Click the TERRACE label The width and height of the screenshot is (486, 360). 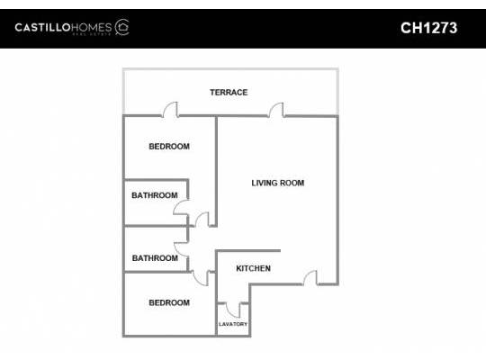coord(229,93)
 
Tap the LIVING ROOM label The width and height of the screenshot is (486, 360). coord(277,183)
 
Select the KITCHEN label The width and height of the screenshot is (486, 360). coord(253,268)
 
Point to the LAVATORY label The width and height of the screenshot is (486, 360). coord(233,324)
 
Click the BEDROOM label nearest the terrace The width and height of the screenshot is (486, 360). coord(168,146)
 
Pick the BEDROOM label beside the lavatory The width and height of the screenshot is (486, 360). coord(168,302)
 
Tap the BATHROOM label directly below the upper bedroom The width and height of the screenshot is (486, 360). coord(155,195)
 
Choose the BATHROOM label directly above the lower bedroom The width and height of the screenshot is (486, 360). coord(155,258)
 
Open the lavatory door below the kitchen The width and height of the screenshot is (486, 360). coord(232,308)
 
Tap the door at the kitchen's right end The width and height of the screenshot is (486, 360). coord(310,280)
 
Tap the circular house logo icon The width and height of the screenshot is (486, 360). coord(122,27)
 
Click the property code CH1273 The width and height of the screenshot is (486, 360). coord(428,28)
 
